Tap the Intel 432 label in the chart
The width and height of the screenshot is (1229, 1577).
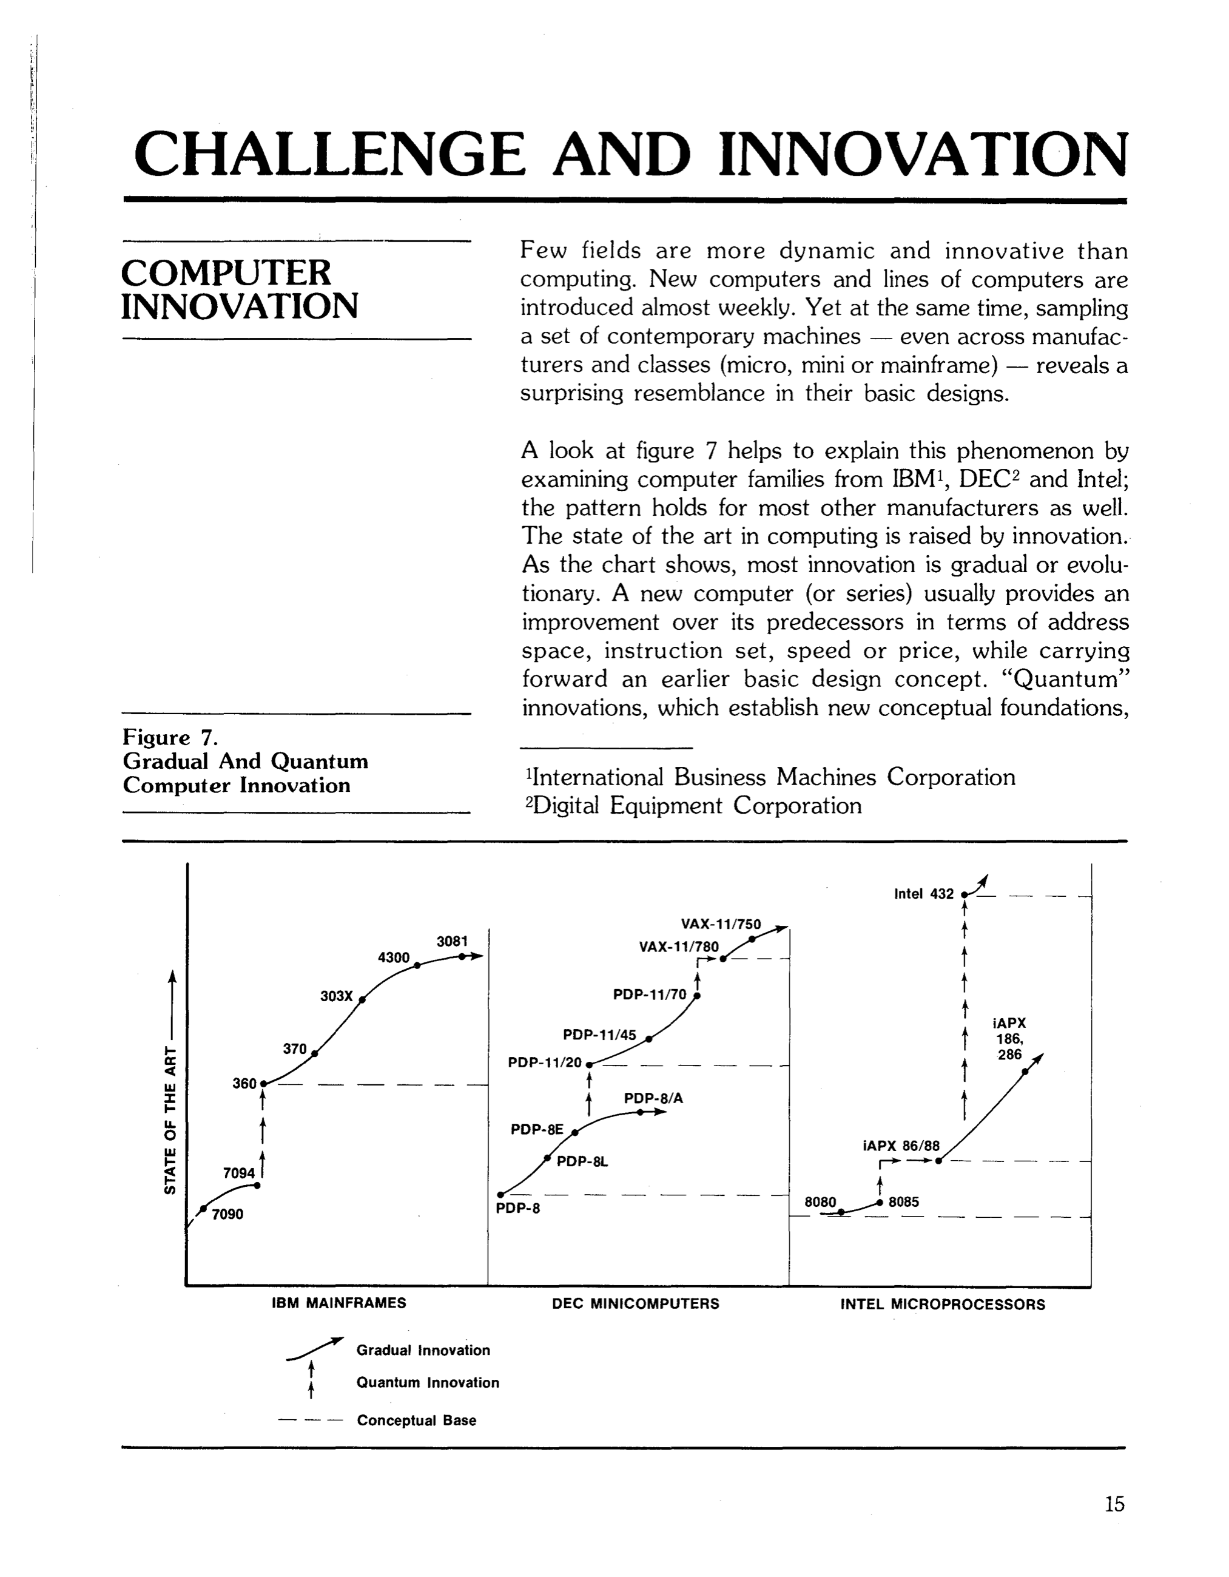point(923,894)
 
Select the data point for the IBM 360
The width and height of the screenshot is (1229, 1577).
point(263,1084)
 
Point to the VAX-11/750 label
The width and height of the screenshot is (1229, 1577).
point(721,924)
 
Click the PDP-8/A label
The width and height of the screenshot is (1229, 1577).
point(653,1098)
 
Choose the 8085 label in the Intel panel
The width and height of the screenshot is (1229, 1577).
point(903,1201)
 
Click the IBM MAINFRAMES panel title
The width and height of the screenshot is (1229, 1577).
point(338,1303)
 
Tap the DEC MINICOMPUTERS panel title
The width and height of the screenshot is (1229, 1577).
point(636,1304)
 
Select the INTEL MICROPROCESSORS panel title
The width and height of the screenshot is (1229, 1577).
point(942,1305)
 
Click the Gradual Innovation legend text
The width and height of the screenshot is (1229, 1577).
point(423,1350)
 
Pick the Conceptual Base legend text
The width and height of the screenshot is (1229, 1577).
point(417,1420)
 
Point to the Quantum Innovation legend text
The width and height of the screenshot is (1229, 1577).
point(428,1383)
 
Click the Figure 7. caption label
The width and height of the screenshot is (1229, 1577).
point(170,737)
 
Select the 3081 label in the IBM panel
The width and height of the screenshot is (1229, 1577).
point(452,942)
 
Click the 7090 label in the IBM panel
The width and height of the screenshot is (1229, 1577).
point(227,1215)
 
